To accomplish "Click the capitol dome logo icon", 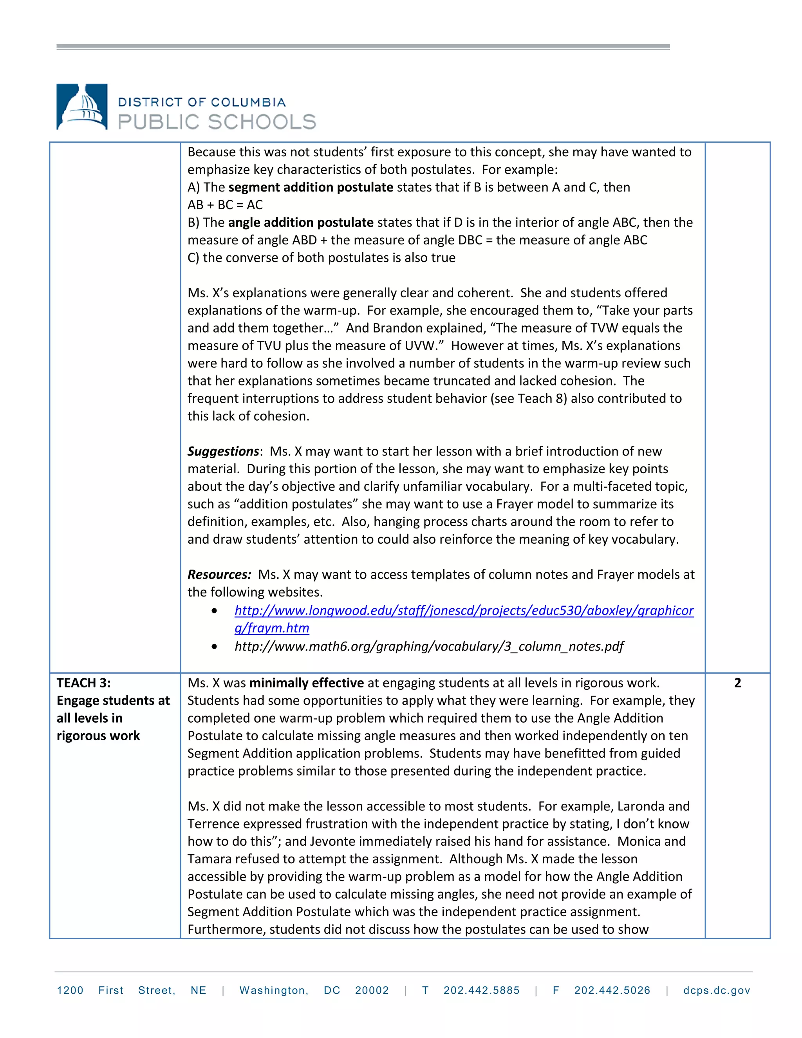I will (x=82, y=107).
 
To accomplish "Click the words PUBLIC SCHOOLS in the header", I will (x=217, y=122).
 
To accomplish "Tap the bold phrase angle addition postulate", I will (x=301, y=222).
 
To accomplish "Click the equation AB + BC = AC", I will (x=225, y=205).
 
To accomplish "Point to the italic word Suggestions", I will (x=223, y=451).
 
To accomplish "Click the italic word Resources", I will (x=219, y=575).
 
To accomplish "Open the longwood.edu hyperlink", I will (x=464, y=611).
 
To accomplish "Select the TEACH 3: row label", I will (x=84, y=683).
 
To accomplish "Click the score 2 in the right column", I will (x=737, y=683).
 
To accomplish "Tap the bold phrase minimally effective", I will (x=307, y=683).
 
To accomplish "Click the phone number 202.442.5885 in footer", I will (x=481, y=991).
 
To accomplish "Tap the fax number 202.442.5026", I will (x=612, y=991).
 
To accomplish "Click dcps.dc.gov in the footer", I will (x=717, y=991).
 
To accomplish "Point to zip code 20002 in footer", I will (x=372, y=991).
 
